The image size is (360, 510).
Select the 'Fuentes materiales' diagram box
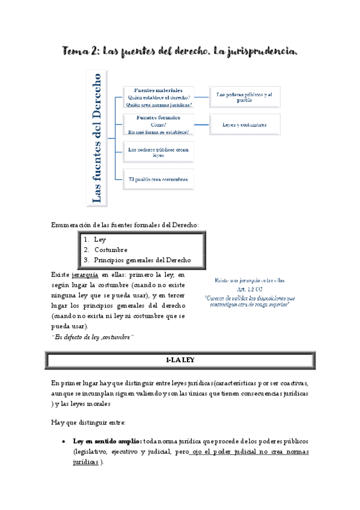159,97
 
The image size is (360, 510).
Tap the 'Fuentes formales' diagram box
159,124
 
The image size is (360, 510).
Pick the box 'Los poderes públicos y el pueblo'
244,97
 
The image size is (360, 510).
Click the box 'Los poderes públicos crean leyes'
159,152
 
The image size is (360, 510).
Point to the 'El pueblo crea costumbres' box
159,179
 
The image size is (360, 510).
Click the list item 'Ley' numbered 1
100,239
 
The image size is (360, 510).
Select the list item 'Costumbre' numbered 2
111,250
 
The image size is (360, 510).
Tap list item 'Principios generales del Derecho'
142,260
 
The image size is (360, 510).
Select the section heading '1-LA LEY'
180,360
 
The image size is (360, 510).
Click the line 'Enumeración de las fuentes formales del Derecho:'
124,225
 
